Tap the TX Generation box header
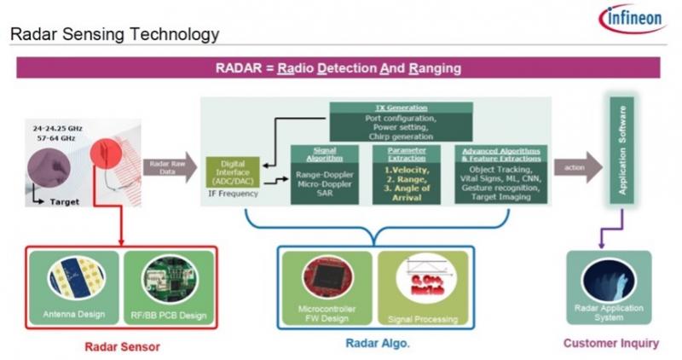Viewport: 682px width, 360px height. tap(401, 108)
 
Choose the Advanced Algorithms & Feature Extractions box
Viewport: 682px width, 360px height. tap(500, 174)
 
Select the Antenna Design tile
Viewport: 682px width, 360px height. tap(74, 285)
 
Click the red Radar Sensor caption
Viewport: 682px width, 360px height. tap(122, 346)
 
